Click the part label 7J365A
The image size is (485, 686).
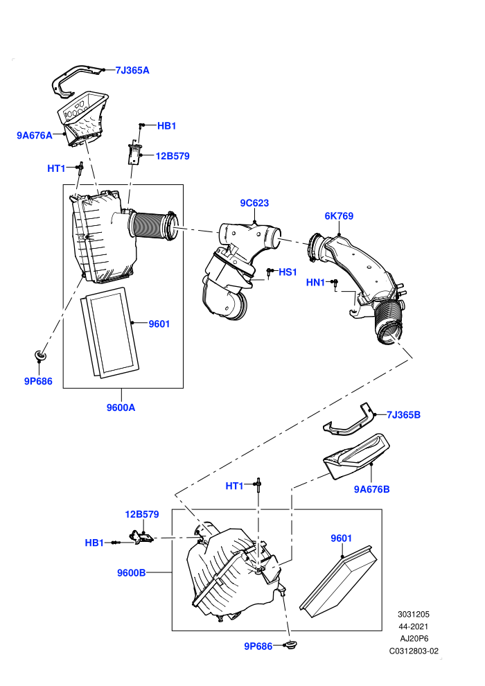132,71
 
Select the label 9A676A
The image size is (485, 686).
35,135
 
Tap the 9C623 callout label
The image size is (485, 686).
254,203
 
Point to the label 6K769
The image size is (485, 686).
339,216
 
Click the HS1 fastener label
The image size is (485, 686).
288,272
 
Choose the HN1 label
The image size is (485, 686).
315,283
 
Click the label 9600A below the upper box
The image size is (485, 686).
121,407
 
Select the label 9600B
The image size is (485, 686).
131,572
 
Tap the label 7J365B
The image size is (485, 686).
404,415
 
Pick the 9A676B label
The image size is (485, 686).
372,490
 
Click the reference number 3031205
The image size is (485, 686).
413,614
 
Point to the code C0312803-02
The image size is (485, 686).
414,651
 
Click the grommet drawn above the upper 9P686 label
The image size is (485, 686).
40,355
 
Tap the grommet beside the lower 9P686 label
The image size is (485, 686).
290,644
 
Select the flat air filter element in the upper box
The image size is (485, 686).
109,333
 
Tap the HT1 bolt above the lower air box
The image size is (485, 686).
259,485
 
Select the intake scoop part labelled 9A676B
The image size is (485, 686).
356,457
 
